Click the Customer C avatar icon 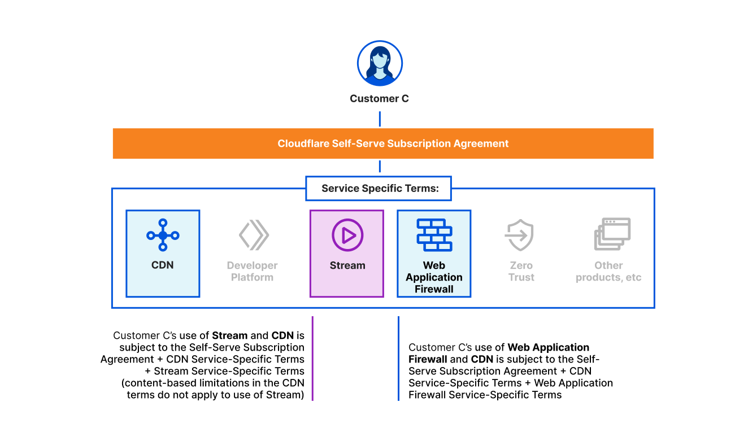pos(380,63)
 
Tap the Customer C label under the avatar pos(379,98)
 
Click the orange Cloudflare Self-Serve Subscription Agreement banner pos(383,143)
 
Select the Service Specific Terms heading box pos(379,188)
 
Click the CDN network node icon pos(163,235)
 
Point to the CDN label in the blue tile pos(162,265)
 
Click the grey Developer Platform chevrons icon pos(254,235)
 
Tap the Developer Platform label pos(252,271)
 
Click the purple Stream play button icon pos(347,235)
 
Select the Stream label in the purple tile pos(347,265)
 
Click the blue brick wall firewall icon pos(434,235)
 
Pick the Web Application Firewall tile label pos(434,277)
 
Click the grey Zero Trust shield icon pos(519,235)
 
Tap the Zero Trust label pos(521,271)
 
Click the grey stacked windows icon pos(612,234)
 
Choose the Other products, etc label pos(608,271)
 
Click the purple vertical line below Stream pos(312,359)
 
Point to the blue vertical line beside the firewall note pos(398,359)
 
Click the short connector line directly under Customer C pos(380,119)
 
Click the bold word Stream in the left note pos(230,335)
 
